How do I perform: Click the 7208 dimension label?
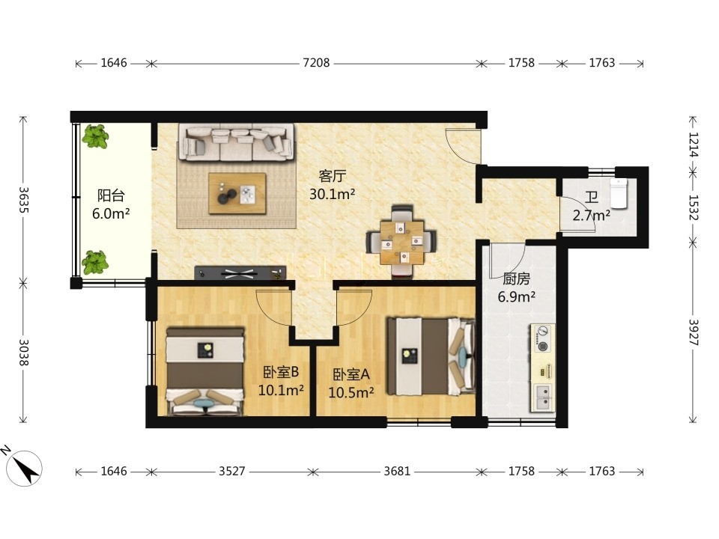point(316,63)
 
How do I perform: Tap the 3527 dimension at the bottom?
point(232,471)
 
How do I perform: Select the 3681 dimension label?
point(397,471)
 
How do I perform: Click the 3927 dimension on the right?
point(694,332)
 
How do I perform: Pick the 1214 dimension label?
point(694,144)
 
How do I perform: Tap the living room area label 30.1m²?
point(333,195)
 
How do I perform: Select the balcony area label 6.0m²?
point(111,213)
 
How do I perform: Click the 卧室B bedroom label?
point(281,372)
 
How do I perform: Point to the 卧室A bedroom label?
point(351,375)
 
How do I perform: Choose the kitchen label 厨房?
point(516,278)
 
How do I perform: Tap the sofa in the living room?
point(237,142)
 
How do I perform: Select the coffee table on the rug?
point(237,193)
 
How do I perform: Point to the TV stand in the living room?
point(240,273)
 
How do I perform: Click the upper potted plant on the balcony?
point(95,136)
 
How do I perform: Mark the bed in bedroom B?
point(204,371)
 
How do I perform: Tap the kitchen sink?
point(543,398)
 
